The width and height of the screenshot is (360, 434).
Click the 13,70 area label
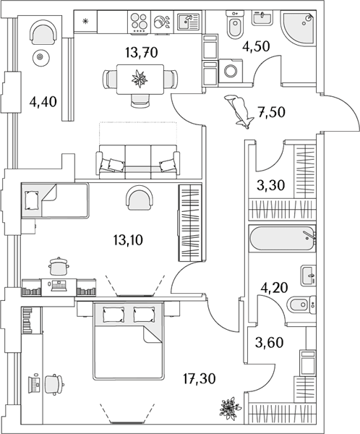coord(142,52)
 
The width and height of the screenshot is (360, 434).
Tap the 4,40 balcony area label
coord(43,102)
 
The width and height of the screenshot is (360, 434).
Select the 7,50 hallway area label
coord(272,112)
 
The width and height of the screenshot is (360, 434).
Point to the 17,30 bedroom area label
coord(200,378)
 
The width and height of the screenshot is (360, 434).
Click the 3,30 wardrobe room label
coord(270,185)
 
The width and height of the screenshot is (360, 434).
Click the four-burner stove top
coord(139,22)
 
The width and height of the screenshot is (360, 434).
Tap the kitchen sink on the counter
coord(188,21)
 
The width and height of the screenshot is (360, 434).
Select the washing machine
coord(231,71)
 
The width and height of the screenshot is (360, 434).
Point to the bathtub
coord(282,238)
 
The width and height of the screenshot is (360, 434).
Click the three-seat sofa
coord(137,161)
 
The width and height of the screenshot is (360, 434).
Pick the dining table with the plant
coord(140,79)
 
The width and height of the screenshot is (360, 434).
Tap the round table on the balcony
coord(40,58)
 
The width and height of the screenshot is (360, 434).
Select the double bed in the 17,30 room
coord(129,341)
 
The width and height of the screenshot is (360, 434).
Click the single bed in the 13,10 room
coord(55,200)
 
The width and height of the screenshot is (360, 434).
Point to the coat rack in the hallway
coord(239,111)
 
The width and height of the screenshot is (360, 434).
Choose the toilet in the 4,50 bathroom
coord(235,25)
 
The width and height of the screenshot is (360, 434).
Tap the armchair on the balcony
coord(43,33)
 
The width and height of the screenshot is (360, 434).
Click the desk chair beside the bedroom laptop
coord(54,385)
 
